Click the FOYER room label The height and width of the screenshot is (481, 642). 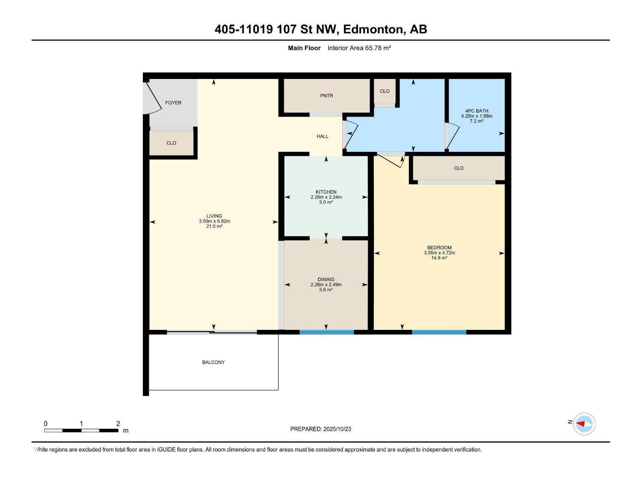pos(173,103)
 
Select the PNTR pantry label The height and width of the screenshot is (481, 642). pos(327,96)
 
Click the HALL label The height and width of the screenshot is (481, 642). pos(323,136)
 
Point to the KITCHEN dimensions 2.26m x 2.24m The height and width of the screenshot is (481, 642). pos(326,197)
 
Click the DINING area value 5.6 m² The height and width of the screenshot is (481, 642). pos(326,290)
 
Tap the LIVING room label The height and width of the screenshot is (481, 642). pos(214,216)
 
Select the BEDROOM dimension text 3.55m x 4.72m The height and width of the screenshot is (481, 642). pos(439,253)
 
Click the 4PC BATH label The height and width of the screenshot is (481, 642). pos(477,111)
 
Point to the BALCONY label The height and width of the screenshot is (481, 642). pos(213,362)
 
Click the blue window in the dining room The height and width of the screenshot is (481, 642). pos(327,332)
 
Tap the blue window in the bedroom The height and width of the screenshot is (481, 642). pos(439,332)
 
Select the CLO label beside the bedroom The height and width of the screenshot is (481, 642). pos(459,168)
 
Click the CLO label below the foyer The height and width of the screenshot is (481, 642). pos(171,143)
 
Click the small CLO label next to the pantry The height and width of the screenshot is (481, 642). pos(384,91)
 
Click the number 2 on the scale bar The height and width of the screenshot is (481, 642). pos(118,424)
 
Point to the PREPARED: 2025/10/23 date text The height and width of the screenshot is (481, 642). pos(321,429)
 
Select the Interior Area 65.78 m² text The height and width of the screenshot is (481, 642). pos(359,48)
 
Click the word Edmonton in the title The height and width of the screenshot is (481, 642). pos(374,29)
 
